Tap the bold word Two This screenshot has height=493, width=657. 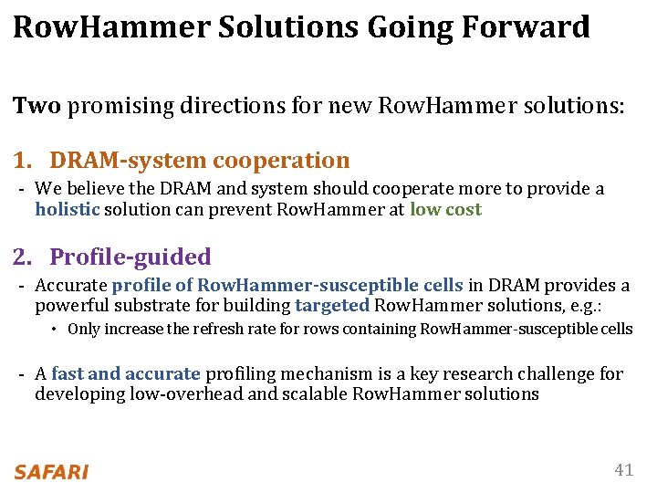coord(36,106)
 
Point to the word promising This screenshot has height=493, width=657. coord(114,106)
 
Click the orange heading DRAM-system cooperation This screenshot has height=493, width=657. coord(200,161)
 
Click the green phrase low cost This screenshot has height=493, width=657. coord(445,209)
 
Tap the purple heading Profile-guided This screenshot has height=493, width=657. coord(130,257)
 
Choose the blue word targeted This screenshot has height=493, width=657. coord(332,306)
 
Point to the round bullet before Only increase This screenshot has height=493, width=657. coord(55,330)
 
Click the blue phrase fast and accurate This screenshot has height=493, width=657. coord(126,373)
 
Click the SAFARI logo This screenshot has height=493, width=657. coord(51,472)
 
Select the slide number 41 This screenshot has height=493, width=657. coord(623,470)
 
